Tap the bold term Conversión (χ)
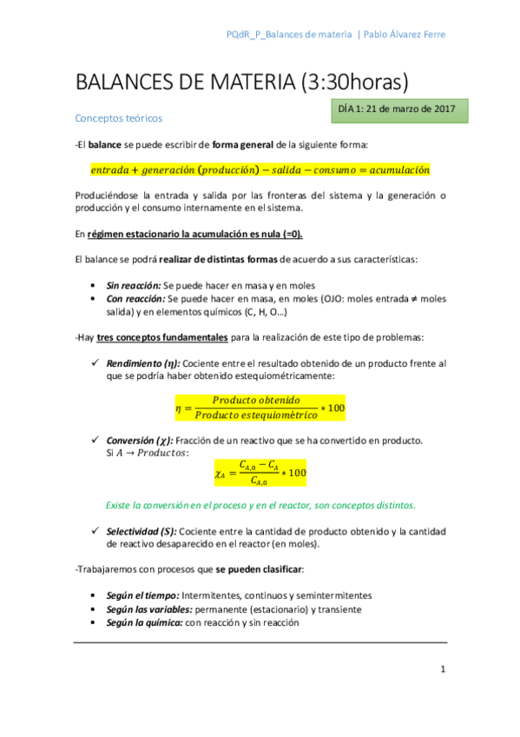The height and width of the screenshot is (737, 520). pyautogui.click(x=142, y=441)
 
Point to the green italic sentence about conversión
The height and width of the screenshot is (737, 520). pyautogui.click(x=260, y=505)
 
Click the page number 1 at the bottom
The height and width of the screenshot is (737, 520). pyautogui.click(x=442, y=669)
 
